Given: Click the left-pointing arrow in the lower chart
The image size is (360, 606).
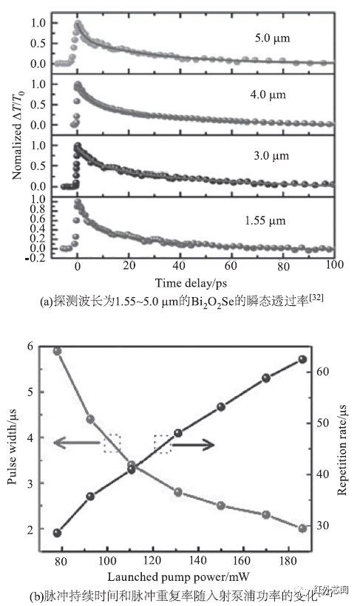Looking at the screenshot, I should coord(78,443).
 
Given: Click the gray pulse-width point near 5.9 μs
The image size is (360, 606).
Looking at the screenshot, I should coord(58,350).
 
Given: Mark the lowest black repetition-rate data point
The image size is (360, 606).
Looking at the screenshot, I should coord(58,533).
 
